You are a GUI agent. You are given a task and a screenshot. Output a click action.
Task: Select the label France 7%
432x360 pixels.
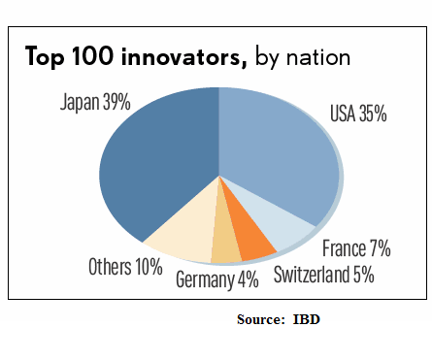tap(356, 248)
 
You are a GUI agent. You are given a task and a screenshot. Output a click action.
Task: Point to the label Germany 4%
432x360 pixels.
tap(219, 281)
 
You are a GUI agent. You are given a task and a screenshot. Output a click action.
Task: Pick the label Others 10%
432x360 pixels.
tap(124, 266)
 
